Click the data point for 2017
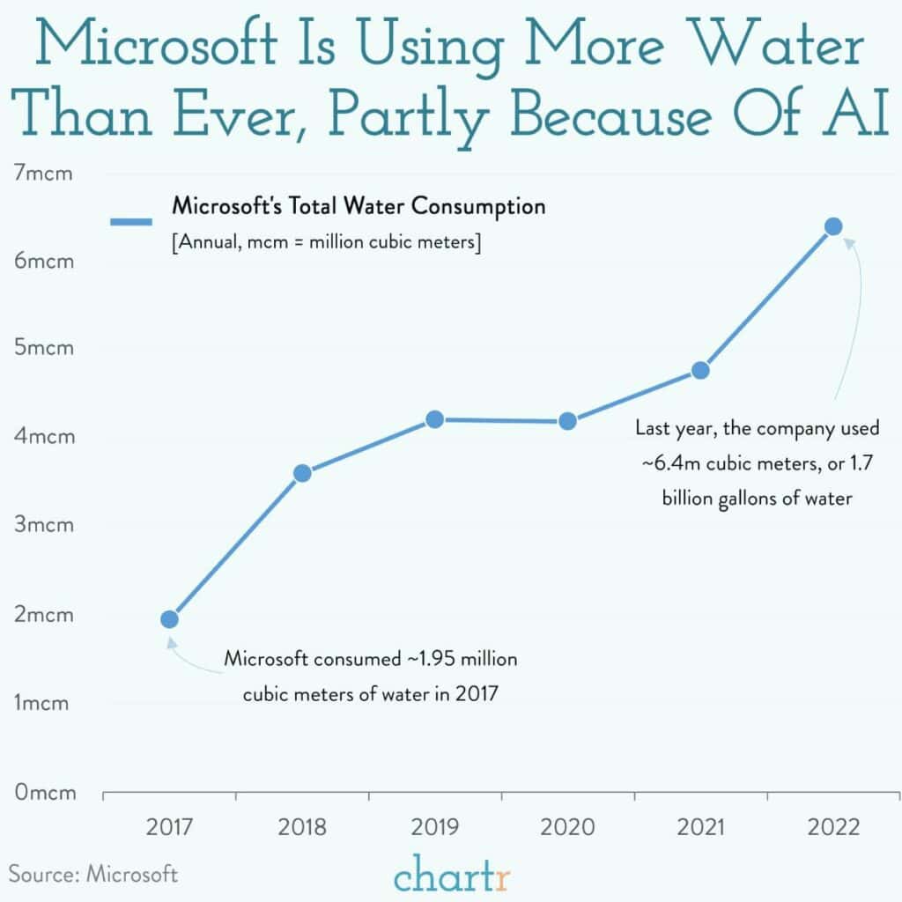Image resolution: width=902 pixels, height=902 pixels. pos(170,619)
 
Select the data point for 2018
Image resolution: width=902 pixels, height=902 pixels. pos(302,474)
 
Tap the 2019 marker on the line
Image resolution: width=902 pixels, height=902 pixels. pos(434,419)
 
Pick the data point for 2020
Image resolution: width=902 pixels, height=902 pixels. pos(568,421)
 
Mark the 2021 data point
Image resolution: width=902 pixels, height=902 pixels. pos(700,370)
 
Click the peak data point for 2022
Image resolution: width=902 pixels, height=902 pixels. pos(833,227)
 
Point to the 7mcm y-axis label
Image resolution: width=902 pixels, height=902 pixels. pos(44,173)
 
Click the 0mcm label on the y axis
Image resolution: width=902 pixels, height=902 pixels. pos(44,792)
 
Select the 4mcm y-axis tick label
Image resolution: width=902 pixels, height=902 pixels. pos(44,437)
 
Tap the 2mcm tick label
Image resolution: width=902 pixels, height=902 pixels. pos(44,615)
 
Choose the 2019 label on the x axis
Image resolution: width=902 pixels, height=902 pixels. pos(435,828)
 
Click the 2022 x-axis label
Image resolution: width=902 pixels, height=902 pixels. pos(833,828)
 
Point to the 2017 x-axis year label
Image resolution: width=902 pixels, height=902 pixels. pos(170,828)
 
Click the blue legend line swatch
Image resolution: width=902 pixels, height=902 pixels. pos(133,222)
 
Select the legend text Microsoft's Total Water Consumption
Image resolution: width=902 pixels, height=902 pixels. pos(359,208)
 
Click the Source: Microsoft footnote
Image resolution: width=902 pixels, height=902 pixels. pos(93,874)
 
